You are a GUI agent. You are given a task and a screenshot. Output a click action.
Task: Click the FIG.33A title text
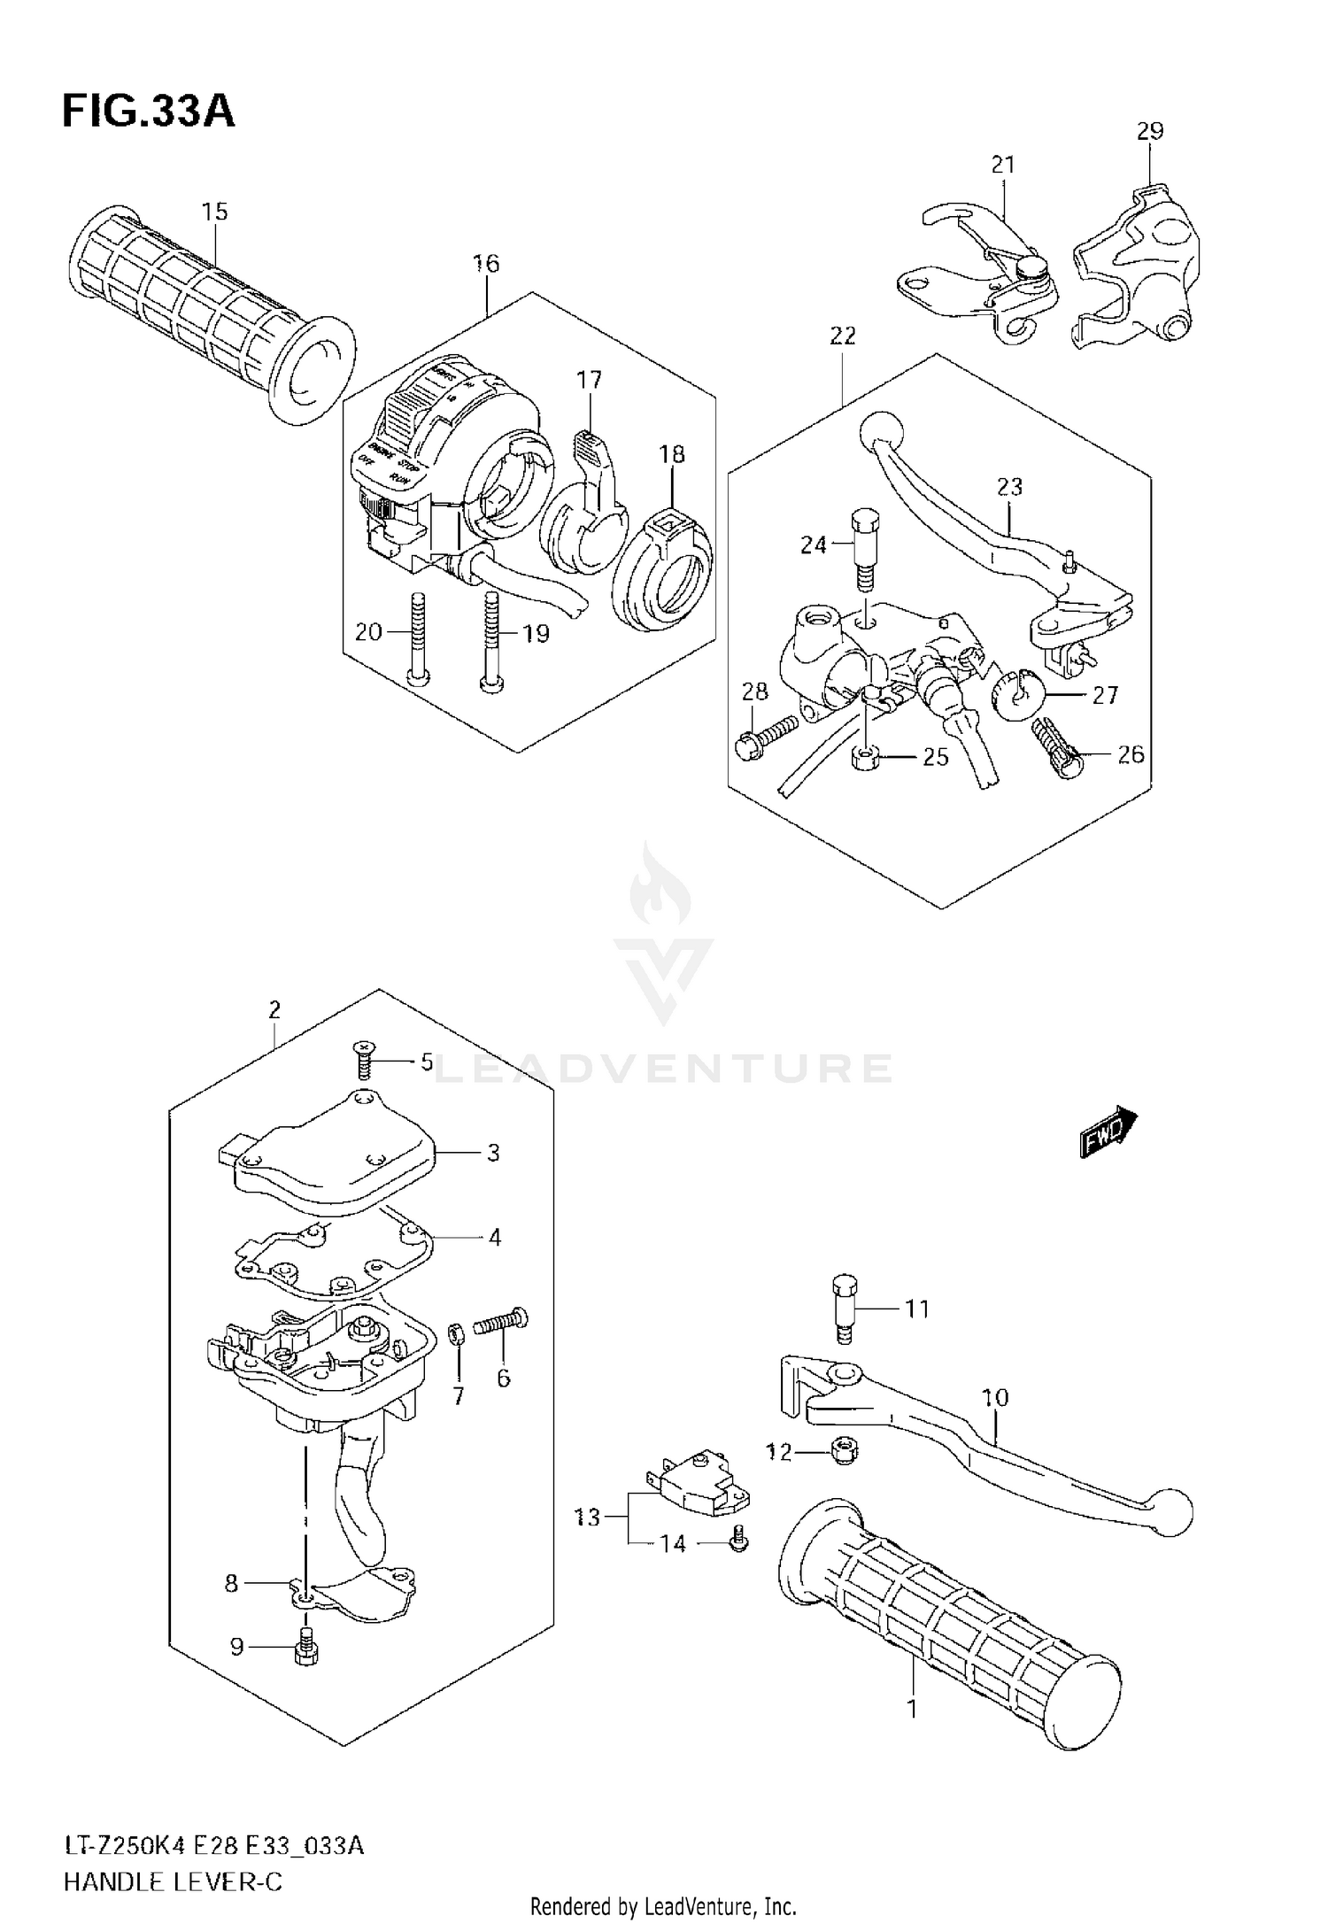[148, 112]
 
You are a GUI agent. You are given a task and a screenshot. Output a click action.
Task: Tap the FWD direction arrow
[1108, 1131]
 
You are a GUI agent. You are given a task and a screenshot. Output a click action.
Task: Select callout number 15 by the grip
[214, 212]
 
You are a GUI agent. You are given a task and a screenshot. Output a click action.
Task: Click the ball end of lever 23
[882, 432]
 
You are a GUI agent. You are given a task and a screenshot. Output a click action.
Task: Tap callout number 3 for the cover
[493, 1152]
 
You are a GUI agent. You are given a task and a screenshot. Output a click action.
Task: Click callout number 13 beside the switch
[588, 1518]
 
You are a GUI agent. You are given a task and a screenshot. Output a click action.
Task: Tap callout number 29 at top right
[1150, 131]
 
